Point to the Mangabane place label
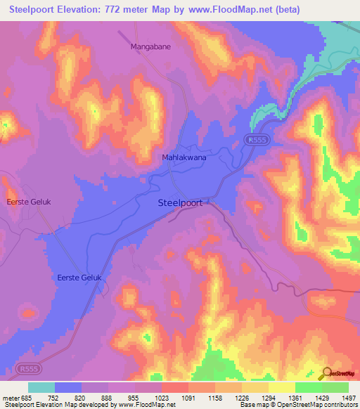tap(150, 46)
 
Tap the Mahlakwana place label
tap(184, 158)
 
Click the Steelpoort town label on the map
tap(179, 202)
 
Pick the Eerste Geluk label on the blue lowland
tap(79, 278)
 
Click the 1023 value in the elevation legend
tap(162, 397)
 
